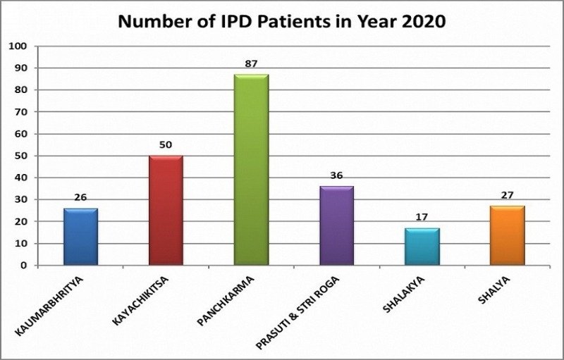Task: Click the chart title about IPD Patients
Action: [x=281, y=21]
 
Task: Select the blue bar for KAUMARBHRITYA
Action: [x=80, y=237]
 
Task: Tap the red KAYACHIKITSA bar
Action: [x=166, y=211]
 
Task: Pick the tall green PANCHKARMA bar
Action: [x=251, y=170]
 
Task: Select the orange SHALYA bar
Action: [x=507, y=235]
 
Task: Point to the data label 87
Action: [x=251, y=63]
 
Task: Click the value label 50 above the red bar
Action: [x=166, y=145]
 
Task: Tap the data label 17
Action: [x=422, y=218]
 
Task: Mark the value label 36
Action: [x=336, y=175]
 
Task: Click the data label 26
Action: [x=80, y=197]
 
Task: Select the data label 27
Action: [x=507, y=195]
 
